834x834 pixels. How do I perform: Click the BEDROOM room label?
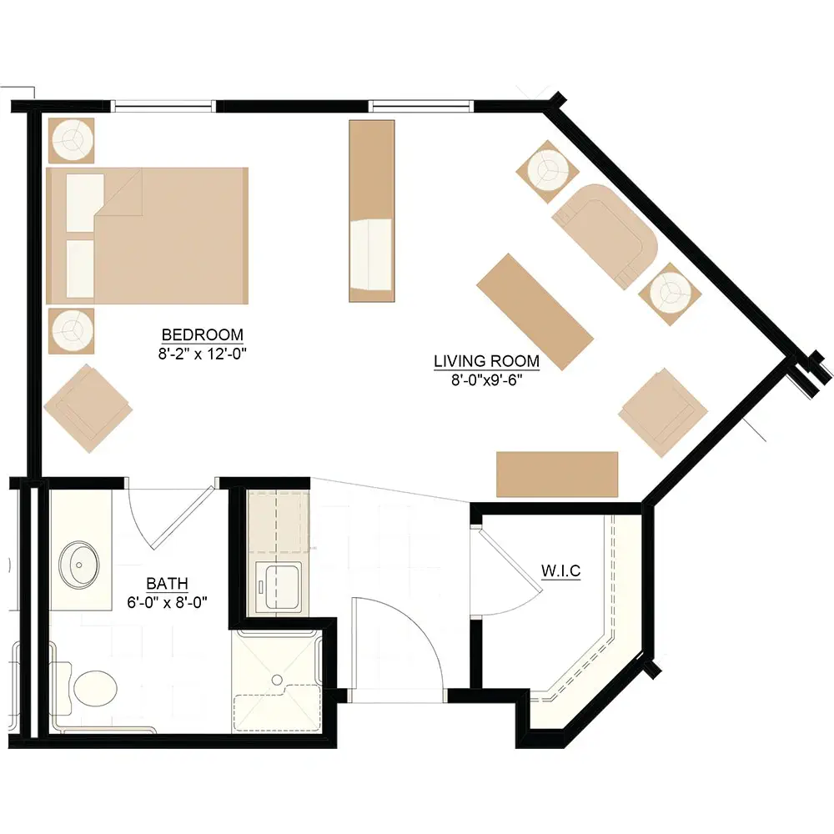pos(202,334)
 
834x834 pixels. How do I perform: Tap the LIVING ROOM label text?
pos(486,361)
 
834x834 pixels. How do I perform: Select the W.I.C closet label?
pos(560,570)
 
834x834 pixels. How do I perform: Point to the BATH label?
pos(167,584)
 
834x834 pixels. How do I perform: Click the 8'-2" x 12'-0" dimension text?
pos(202,354)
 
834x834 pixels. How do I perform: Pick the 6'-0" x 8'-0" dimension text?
pos(167,602)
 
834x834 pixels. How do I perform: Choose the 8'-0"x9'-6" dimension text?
pos(487,379)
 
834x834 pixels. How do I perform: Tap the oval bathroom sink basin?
pos(78,564)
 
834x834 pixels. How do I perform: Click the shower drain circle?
pos(277,680)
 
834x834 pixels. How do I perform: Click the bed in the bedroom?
pos(148,236)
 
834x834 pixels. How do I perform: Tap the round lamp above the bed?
pos(71,140)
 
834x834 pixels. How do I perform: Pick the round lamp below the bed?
pos(71,331)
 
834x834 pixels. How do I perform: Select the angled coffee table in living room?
pos(535,311)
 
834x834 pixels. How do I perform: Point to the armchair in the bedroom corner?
pos(88,409)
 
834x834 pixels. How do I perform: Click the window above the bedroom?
pos(163,106)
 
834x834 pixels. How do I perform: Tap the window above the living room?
pos(421,106)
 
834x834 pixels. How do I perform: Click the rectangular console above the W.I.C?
pos(557,475)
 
